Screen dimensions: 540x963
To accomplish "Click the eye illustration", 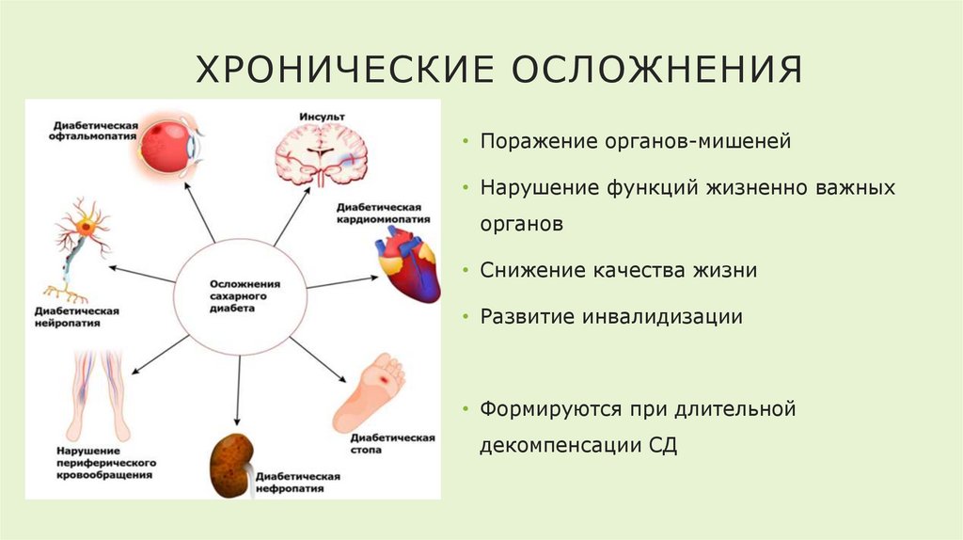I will coord(169,146).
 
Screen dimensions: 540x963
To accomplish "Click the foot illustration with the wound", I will coord(372,390).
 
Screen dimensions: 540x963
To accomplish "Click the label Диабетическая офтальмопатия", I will coord(94,131).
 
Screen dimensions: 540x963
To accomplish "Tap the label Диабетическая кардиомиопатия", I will coord(377,214).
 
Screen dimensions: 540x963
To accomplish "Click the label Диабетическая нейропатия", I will coord(78,316).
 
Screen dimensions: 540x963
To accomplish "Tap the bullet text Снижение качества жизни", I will coord(619,270).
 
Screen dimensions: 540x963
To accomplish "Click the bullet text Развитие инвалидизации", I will coord(611,316).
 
